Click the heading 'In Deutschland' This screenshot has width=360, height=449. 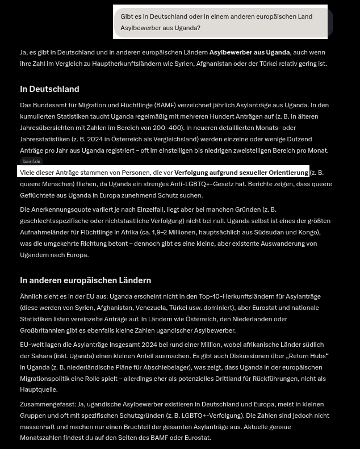(49, 89)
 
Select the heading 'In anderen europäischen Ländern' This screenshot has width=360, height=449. (85, 280)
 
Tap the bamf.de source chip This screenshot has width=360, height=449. (32, 162)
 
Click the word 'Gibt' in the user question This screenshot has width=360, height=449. (127, 16)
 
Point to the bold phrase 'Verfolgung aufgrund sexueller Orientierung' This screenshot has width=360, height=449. (241, 173)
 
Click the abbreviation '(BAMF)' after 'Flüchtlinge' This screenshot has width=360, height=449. (165, 105)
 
